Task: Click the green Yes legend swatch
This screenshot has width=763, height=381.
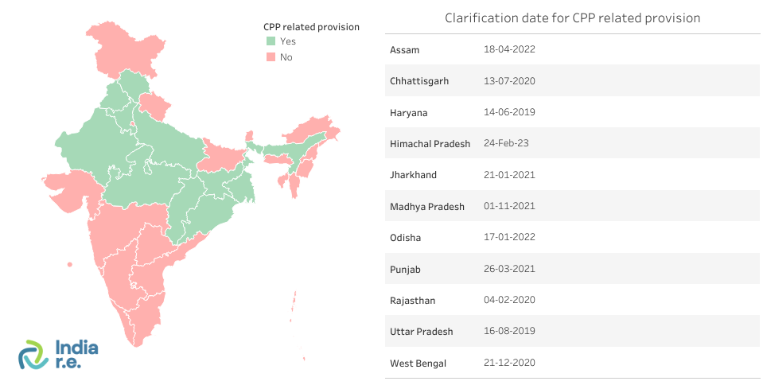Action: tap(271, 41)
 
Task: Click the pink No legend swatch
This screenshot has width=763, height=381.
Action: tap(271, 56)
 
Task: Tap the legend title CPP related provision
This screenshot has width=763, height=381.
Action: tap(311, 27)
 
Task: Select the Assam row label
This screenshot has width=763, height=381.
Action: tap(404, 50)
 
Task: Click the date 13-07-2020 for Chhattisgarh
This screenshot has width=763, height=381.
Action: tap(509, 81)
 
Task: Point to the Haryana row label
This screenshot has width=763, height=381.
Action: tap(408, 113)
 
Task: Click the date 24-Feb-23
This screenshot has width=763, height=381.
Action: tap(506, 144)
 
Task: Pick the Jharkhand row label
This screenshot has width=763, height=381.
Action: tap(413, 175)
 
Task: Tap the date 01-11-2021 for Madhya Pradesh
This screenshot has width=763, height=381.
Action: tap(509, 206)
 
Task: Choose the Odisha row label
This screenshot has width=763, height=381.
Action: tap(405, 238)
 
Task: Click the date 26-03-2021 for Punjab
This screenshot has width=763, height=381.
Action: tap(509, 269)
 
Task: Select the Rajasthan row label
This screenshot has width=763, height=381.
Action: tap(412, 301)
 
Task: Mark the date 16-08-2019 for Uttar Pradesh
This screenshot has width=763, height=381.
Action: tap(509, 331)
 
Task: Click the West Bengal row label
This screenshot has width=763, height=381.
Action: tap(418, 364)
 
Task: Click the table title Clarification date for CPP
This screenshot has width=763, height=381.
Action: tap(572, 17)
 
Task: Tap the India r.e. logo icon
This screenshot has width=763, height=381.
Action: tap(34, 355)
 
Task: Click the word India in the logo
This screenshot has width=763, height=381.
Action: tap(77, 347)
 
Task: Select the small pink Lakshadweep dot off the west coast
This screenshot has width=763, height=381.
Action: tap(70, 264)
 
